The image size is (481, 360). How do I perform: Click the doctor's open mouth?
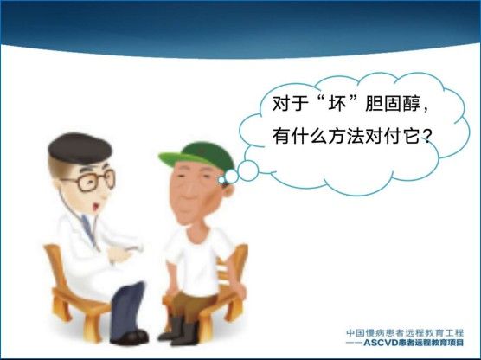tap(96, 206)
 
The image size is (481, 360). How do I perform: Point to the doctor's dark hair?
tap(80, 148)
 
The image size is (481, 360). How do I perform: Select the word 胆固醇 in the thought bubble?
tap(393, 104)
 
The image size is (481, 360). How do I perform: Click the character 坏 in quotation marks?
tap(337, 104)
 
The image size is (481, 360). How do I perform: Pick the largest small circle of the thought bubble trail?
tap(248, 170)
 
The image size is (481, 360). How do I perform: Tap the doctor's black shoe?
tap(130, 337)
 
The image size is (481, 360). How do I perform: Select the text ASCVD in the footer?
tap(381, 343)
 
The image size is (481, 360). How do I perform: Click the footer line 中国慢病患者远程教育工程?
tap(405, 332)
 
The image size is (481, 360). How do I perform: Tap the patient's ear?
tap(228, 190)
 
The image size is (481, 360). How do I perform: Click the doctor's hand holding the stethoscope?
tap(119, 254)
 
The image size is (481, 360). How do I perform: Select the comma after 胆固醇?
tap(426, 110)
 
